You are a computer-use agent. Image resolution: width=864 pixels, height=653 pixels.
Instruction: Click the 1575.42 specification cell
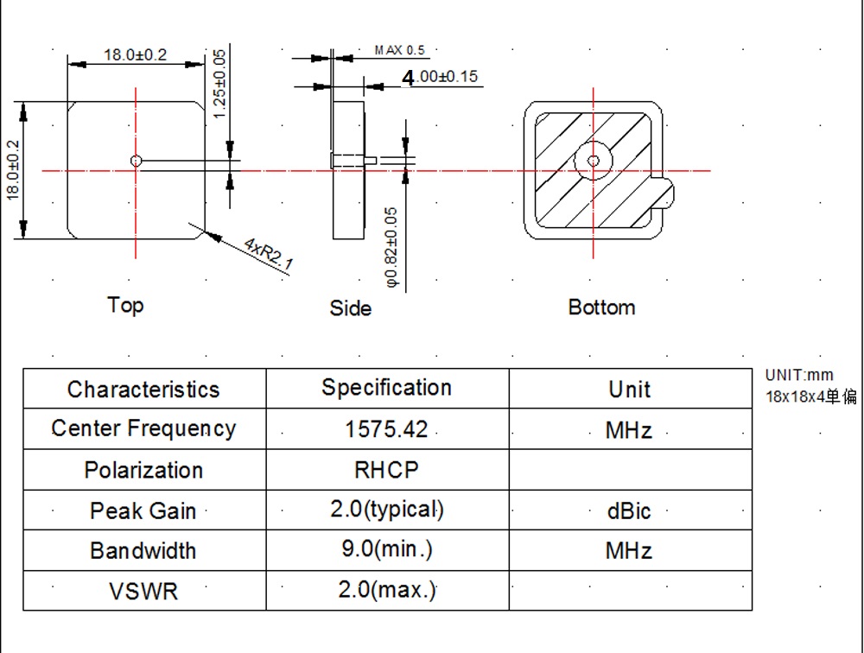click(386, 429)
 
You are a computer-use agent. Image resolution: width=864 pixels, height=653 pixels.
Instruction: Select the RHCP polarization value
click(386, 470)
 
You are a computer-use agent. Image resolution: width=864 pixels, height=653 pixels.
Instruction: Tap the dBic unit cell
click(629, 510)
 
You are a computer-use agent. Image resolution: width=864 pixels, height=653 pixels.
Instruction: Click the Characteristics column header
click(143, 390)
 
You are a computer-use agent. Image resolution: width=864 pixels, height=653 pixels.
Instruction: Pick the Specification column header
click(386, 388)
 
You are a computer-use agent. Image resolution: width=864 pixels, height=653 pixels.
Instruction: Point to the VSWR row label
click(143, 592)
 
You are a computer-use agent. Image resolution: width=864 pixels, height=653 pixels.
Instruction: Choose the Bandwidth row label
click(143, 551)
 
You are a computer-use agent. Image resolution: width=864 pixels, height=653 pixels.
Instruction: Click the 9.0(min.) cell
click(386, 549)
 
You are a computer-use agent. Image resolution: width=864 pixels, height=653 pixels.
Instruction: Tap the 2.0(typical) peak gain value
click(386, 510)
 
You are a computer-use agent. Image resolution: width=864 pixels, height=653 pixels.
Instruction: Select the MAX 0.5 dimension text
click(400, 51)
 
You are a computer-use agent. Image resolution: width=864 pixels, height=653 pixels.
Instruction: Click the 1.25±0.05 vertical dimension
click(219, 84)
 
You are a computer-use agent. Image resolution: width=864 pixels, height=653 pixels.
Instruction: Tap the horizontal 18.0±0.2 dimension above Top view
click(136, 55)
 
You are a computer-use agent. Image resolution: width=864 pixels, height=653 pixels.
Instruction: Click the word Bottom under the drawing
click(601, 307)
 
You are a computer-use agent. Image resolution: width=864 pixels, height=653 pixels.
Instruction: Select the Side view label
click(350, 308)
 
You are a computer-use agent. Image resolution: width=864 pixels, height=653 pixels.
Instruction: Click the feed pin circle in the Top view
click(136, 161)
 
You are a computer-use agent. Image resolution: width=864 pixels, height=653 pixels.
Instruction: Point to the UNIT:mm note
click(799, 375)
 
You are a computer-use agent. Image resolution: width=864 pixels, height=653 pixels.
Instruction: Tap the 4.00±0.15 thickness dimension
click(441, 77)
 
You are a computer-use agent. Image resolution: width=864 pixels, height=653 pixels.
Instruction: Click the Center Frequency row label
click(143, 428)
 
